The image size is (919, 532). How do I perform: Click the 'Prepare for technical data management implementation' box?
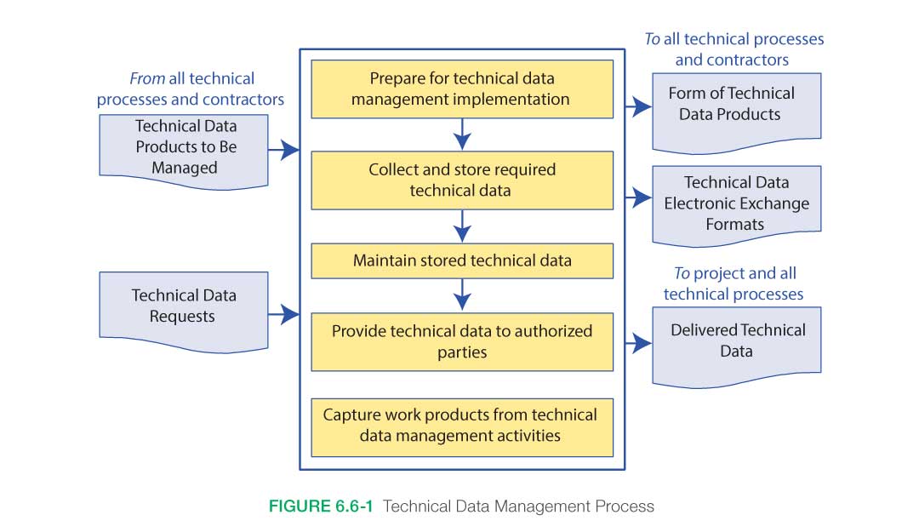pos(461,89)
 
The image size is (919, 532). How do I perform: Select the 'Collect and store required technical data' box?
pos(461,180)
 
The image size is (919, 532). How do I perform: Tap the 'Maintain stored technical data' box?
pos(461,261)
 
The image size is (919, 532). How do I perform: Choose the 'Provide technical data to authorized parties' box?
pos(461,341)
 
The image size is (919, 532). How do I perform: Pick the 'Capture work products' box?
pos(461,426)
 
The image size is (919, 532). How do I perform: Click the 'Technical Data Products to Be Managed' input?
pos(184,147)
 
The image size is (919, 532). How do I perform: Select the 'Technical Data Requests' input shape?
pos(184,306)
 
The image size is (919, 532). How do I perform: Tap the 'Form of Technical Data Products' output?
pos(736,104)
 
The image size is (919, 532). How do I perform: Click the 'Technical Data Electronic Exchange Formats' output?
pos(736,203)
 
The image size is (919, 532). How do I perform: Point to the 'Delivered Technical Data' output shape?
pos(736,340)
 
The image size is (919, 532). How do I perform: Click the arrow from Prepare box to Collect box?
pos(462,134)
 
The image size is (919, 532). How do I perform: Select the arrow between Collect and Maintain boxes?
pos(462,226)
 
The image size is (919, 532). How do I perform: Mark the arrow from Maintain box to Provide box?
pos(462,295)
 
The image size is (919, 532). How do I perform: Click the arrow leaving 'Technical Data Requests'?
pos(284,315)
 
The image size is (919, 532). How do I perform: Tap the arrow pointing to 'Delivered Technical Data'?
pos(638,344)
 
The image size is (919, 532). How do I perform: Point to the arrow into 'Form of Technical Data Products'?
pos(638,107)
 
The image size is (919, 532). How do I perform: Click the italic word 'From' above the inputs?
pos(146,79)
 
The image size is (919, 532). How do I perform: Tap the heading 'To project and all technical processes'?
pos(733,284)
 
